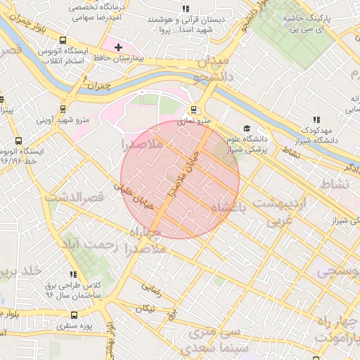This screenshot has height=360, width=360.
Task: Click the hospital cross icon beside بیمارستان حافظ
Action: [x=118, y=48]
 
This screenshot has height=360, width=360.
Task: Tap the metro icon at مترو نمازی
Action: [x=193, y=110]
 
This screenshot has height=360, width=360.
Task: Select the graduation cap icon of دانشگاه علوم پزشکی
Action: [x=247, y=129]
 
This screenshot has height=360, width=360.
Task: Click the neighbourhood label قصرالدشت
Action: [x=74, y=198]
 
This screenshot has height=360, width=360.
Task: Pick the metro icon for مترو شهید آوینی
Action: [x=64, y=109]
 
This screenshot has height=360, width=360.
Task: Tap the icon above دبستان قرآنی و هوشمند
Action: [x=185, y=9]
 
